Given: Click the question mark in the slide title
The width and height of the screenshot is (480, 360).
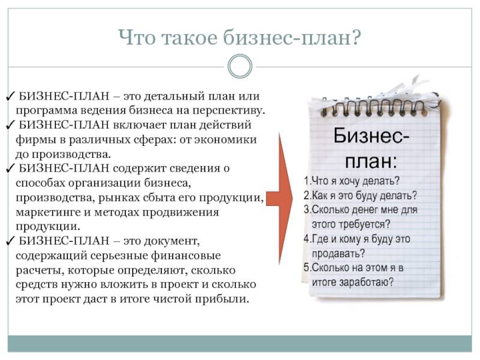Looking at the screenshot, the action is tap(355, 37).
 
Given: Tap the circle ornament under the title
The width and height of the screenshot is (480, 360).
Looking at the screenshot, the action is tap(240, 66).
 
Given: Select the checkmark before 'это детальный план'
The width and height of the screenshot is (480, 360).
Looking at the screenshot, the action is tap(10, 96).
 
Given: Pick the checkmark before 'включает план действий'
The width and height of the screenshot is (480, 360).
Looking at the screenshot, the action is tap(10, 125).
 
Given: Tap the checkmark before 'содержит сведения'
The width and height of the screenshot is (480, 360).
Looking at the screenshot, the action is tap(10, 169).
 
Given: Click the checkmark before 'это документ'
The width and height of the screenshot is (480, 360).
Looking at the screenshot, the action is tap(10, 241).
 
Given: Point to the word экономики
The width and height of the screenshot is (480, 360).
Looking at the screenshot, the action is tap(226, 140).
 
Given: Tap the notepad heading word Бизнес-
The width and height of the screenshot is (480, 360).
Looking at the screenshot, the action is tap(371, 136).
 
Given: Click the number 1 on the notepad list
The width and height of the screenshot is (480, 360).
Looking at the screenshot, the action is tap(307, 181).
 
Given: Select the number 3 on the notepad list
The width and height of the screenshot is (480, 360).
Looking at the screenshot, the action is tap(307, 209).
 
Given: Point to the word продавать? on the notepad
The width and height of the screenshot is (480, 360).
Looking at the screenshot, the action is tap(338, 253).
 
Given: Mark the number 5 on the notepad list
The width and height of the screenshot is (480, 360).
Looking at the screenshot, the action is tap(307, 268).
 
